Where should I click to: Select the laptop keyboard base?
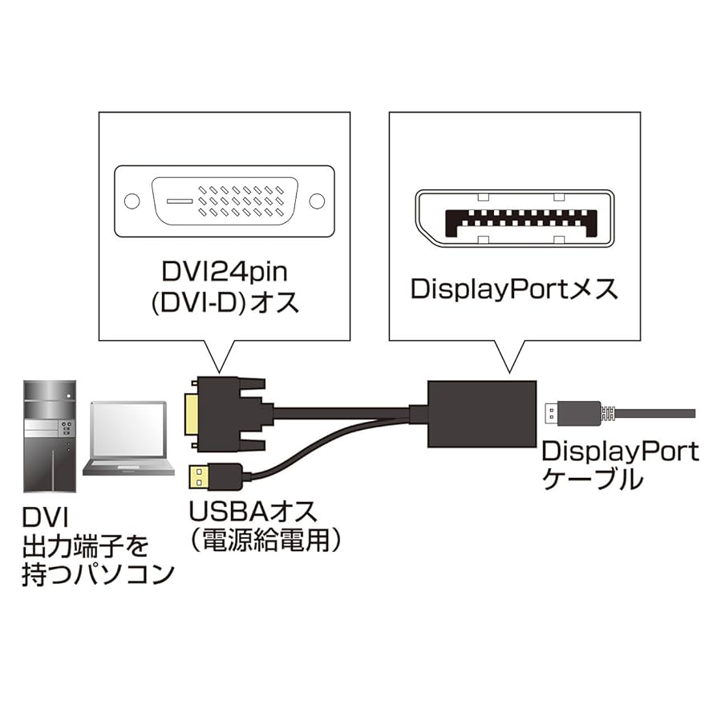pos(128,468)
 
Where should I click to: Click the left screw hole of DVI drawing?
pos(132,201)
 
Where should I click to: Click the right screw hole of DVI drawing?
pos(318,201)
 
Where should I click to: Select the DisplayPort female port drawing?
pos(514,217)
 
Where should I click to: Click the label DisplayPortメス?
pos(514,288)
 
